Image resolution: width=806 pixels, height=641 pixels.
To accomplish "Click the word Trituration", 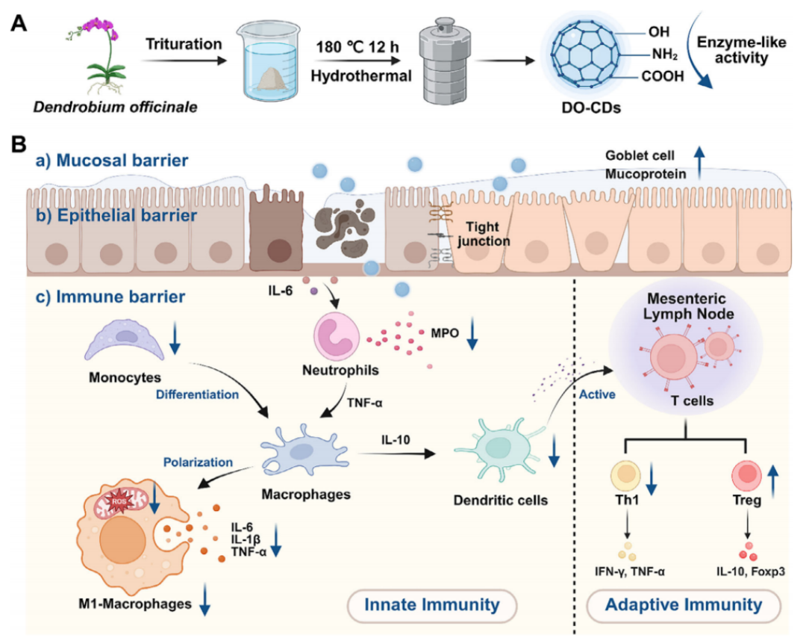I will (x=184, y=44).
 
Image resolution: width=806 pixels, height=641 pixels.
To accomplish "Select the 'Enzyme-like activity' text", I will (x=734, y=48).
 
